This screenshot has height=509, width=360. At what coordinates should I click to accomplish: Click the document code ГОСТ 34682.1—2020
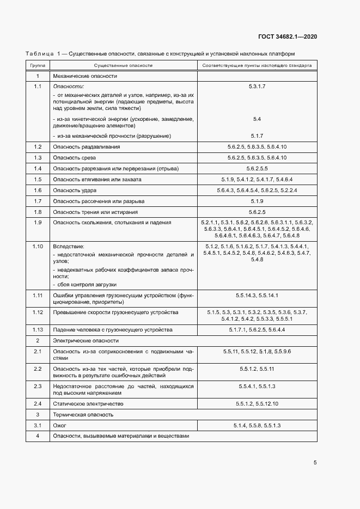[x=287, y=36]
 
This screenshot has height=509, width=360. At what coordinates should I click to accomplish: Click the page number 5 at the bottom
[x=315, y=463]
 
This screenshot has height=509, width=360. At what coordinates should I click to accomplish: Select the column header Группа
[x=37, y=65]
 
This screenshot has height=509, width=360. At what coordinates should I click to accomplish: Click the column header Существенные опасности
[x=124, y=65]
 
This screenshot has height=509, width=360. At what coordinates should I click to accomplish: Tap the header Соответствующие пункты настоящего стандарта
[x=257, y=65]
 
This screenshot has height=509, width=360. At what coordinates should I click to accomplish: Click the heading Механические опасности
[x=84, y=76]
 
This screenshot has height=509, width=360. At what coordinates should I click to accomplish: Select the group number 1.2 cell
[x=38, y=147]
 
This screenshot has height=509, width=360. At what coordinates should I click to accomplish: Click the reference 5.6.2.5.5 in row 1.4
[x=257, y=168]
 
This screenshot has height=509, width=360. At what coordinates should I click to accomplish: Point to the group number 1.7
[x=38, y=201]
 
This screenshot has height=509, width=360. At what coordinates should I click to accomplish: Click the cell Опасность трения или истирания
[x=95, y=212]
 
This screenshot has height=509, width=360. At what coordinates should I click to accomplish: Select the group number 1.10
[x=38, y=246]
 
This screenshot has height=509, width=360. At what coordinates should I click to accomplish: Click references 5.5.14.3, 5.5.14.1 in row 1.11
[x=257, y=295]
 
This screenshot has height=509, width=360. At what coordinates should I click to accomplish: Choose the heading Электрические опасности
[x=86, y=340]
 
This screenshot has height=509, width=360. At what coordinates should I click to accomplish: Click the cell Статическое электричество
[x=88, y=404]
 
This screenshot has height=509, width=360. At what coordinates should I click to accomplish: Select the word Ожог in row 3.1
[x=59, y=425]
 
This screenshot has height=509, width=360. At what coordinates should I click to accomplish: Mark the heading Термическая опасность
[x=83, y=414]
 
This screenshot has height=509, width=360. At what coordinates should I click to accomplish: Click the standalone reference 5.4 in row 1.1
[x=257, y=119]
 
